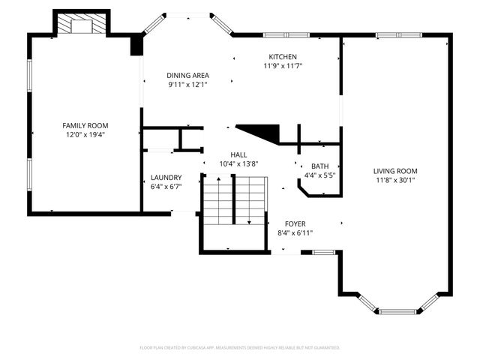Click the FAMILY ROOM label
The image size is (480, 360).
(85, 125)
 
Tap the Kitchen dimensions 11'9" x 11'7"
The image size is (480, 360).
(283, 66)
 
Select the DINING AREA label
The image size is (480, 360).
(188, 75)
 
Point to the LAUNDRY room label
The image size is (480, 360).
(166, 178)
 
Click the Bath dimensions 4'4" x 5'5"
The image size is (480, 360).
(320, 175)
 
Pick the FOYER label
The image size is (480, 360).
(295, 223)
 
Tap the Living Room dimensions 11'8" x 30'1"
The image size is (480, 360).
(395, 180)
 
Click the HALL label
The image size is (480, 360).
(238, 155)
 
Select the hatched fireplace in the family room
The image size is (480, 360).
(82, 23)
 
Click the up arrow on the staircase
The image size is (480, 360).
(218, 200)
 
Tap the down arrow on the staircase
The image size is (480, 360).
(249, 200)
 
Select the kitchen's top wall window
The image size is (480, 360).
(286, 35)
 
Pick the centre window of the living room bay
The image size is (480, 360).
(398, 312)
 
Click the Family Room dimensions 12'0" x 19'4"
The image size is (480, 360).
(85, 134)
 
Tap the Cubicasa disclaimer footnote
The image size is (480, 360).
(240, 348)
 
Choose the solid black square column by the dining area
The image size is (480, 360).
(136, 45)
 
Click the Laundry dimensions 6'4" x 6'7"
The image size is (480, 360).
(166, 187)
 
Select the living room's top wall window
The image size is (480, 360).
(399, 35)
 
